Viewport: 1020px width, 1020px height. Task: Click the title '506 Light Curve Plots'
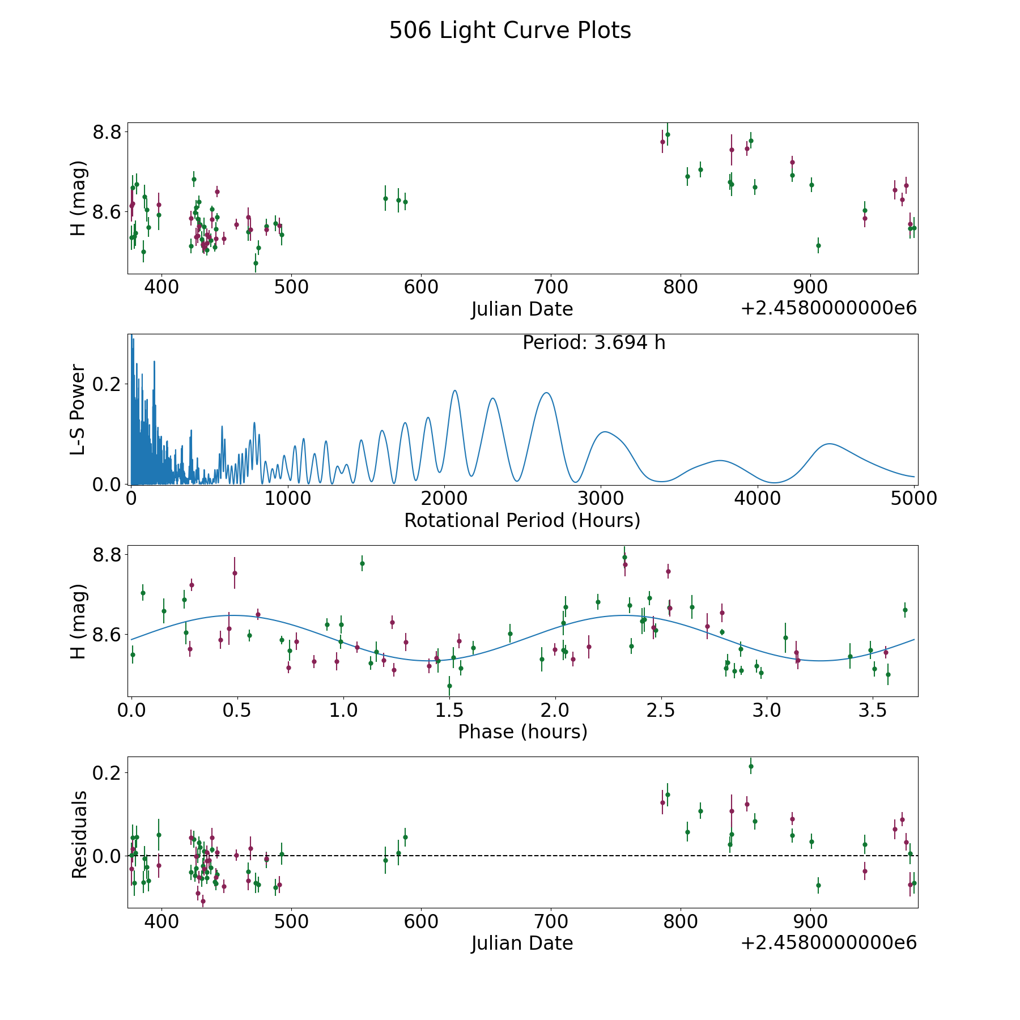click(x=509, y=31)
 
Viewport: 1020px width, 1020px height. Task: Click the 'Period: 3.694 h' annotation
click(x=593, y=343)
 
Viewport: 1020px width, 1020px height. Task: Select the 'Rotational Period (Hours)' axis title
click(x=522, y=520)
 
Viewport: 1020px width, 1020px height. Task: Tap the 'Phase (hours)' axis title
click(x=522, y=732)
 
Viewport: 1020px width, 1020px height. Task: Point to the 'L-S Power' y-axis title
click(x=78, y=409)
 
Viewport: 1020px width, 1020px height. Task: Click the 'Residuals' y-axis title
click(x=79, y=834)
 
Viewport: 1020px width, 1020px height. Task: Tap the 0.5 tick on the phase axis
click(x=237, y=711)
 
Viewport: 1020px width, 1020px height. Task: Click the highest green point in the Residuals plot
click(x=751, y=766)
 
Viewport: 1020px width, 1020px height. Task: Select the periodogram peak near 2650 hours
click(x=546, y=393)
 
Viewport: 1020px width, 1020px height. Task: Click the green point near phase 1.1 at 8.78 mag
click(x=362, y=563)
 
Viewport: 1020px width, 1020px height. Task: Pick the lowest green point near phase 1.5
click(x=449, y=686)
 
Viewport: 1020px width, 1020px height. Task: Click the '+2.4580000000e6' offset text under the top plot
click(x=828, y=308)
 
